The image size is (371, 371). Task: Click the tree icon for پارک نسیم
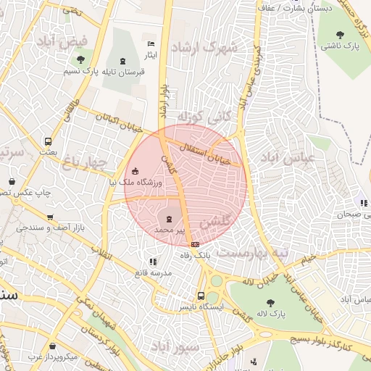tap(80, 59)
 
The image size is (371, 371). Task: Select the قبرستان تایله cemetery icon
tap(122, 60)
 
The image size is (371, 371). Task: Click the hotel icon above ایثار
tap(151, 43)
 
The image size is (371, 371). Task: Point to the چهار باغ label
tap(86, 161)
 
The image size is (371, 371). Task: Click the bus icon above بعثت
tap(49, 142)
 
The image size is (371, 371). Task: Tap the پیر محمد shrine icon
tap(169, 218)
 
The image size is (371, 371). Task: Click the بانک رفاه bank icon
tap(194, 245)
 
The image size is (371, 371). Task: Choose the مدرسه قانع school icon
tap(152, 261)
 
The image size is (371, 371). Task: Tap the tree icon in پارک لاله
tap(270, 303)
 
